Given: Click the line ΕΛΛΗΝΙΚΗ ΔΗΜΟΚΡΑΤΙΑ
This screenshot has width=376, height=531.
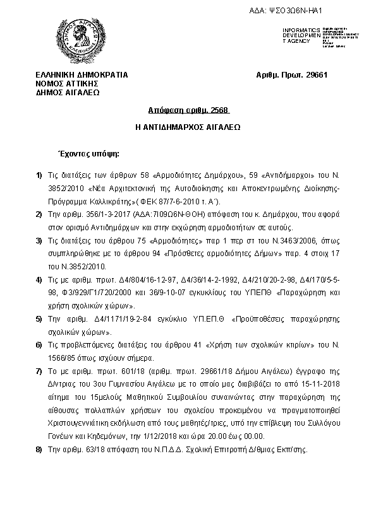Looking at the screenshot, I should point(82,75).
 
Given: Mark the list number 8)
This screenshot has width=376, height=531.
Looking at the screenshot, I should point(39,449).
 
